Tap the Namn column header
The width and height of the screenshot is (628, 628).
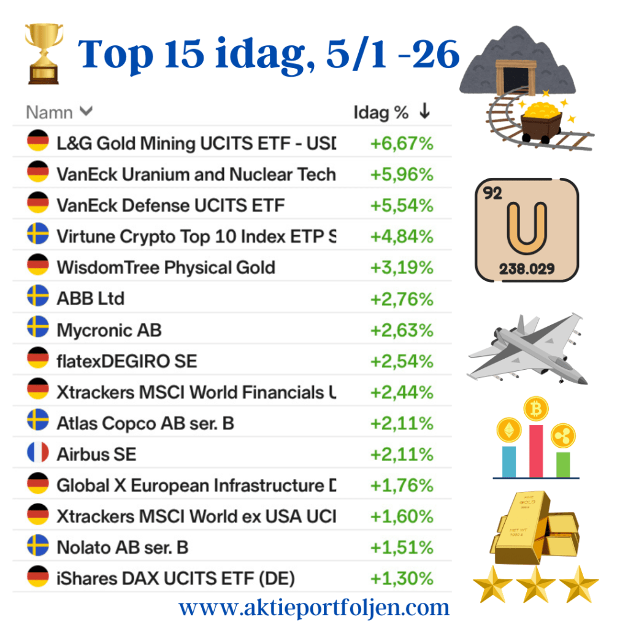click(59, 113)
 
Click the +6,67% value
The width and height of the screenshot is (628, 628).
click(402, 144)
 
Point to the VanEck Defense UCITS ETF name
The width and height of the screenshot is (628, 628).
click(170, 205)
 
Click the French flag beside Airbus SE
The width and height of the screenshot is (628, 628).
click(38, 454)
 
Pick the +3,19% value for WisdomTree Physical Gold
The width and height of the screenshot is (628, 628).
click(402, 268)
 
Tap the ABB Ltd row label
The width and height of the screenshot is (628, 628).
click(91, 299)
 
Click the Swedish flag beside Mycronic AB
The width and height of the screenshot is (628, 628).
click(38, 329)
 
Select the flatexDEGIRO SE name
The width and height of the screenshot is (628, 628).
click(127, 361)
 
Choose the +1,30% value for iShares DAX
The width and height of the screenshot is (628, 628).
click(402, 578)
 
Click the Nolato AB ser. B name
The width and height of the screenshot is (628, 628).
click(123, 547)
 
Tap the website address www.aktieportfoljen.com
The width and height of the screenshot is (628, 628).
click(314, 608)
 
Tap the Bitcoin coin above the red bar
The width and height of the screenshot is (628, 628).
click(535, 409)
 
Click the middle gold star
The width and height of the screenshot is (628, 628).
click(537, 584)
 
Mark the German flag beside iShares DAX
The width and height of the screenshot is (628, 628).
click(38, 578)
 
